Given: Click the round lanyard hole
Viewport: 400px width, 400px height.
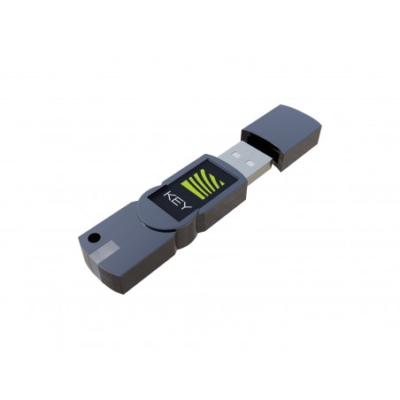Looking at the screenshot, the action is [95, 237].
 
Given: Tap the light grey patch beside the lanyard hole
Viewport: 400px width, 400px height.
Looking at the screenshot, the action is [103, 250].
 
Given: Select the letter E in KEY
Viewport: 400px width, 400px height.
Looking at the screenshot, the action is [177, 201].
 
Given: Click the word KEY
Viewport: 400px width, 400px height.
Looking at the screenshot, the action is [178, 201].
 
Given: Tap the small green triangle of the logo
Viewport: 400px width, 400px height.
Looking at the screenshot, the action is [219, 181].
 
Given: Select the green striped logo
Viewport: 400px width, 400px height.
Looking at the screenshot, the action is [203, 183].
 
